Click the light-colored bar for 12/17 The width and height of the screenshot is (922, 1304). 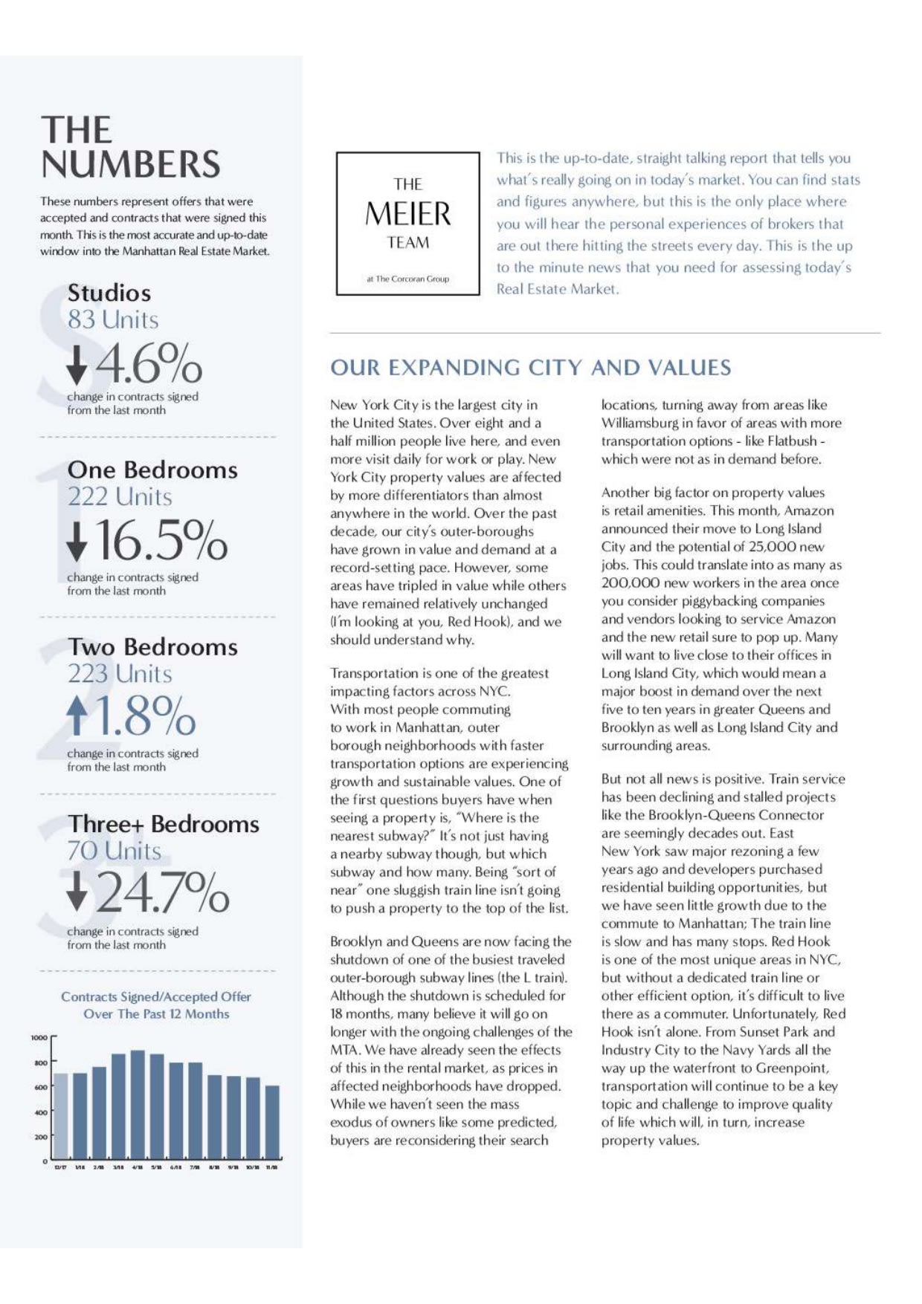coord(60,1115)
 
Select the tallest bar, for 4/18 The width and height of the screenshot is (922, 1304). coord(138,1103)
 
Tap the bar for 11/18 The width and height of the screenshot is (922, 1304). coord(273,1121)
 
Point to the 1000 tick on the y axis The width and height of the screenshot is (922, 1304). coord(39,1037)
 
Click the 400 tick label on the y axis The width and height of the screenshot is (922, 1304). coord(39,1112)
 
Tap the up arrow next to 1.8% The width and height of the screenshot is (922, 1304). coord(77,717)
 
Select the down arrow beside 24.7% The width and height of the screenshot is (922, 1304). coord(77,892)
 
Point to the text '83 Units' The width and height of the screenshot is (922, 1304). coord(113,319)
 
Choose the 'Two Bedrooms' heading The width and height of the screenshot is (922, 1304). coord(152,646)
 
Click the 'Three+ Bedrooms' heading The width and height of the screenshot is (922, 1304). coord(164,823)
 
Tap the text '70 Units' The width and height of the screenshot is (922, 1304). coord(114,851)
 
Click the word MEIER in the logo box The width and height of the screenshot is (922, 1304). coord(407,214)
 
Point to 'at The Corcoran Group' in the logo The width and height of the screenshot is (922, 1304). coord(407,279)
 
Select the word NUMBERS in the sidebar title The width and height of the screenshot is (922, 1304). coord(131,164)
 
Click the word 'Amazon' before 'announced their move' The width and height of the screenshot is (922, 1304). coord(809,510)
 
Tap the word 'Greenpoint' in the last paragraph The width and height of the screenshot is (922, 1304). coord(792,1068)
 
